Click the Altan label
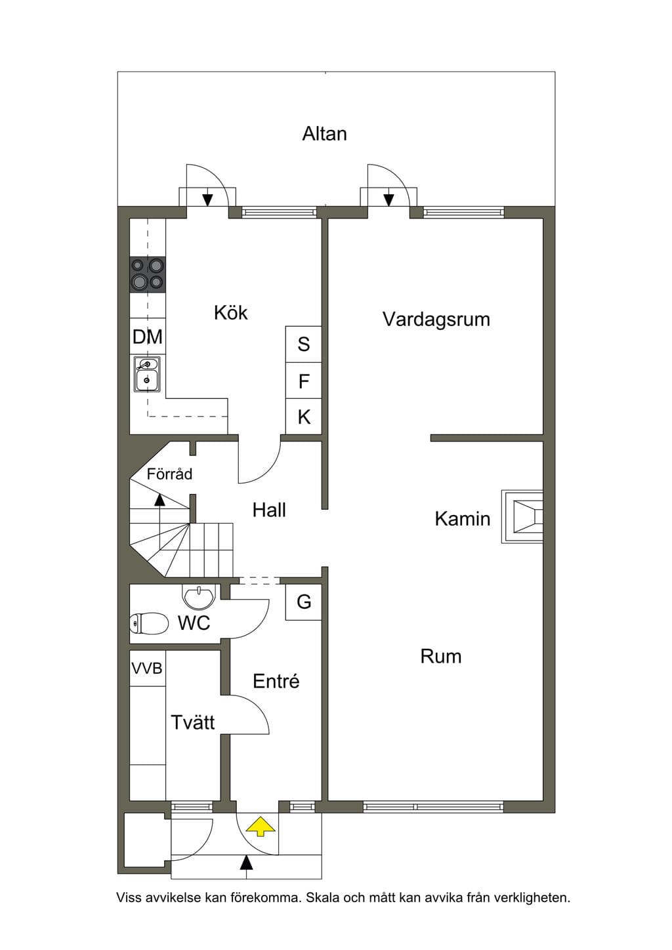325,134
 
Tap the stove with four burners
148,275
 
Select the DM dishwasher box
148,337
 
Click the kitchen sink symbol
147,374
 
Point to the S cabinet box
303,344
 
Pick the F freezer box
303,381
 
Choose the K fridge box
303,417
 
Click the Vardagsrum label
436,320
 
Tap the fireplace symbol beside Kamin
522,516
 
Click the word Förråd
169,474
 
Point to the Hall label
269,510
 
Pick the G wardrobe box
303,602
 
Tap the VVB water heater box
147,669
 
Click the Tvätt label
192,722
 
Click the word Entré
276,681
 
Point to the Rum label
441,656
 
